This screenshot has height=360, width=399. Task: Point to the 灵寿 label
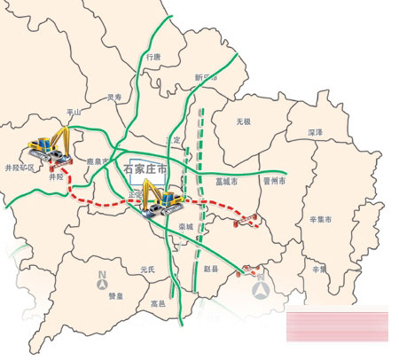[113, 98]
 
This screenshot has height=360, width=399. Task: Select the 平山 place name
[74, 113]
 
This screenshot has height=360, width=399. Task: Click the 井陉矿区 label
[20, 167]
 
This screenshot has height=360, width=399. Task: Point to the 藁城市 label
[227, 181]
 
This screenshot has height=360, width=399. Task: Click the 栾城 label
[185, 227]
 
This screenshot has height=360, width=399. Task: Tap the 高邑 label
[158, 303]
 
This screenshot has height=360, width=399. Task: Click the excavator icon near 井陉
[51, 144]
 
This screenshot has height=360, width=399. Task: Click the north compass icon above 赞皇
[103, 279]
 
